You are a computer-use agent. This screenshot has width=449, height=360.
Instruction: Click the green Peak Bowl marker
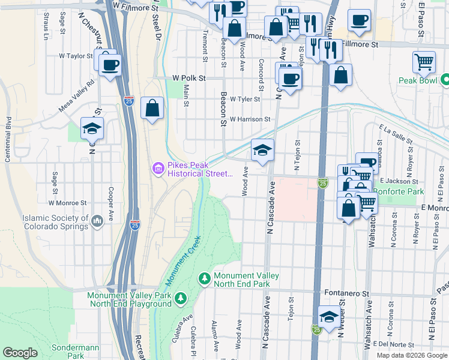click(445, 79)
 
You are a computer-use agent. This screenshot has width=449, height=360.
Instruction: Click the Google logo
click(20, 353)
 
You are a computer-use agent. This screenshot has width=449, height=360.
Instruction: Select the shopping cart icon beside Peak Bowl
click(424, 62)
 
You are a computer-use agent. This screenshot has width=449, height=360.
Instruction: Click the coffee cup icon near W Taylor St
click(109, 65)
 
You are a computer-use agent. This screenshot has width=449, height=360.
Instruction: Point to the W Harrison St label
click(250, 119)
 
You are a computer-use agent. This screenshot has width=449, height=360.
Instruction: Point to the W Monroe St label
click(73, 203)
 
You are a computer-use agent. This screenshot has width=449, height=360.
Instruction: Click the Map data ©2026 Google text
click(411, 355)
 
